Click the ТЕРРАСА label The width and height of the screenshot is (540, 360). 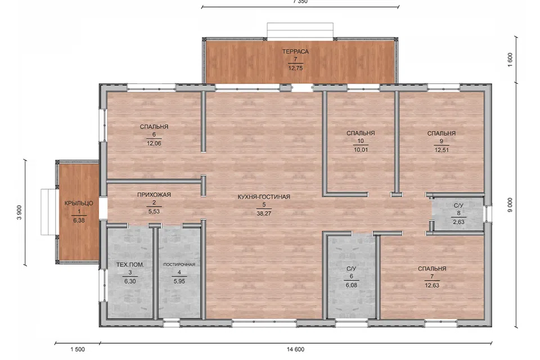pos(295,52)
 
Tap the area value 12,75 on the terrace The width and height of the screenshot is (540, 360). pos(295,68)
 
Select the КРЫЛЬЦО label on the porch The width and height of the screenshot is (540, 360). pos(79,203)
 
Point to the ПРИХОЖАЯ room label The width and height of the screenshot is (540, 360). pos(154,195)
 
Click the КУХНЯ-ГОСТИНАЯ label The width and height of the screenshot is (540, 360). pos(264,197)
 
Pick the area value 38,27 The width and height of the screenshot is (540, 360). pos(264,214)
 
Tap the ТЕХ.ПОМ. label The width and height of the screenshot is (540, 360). pos(130,264)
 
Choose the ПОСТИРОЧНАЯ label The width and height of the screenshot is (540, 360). pos(179,264)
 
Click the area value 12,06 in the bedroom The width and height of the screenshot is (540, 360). pos(154,143)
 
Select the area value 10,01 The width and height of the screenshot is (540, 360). pos(361,150)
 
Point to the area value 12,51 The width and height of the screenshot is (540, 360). pos(442,150)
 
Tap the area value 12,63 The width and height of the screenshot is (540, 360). pos(432,285)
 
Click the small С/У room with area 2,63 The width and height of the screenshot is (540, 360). pos(458,214)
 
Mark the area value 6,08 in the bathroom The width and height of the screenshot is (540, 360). pos(351,285)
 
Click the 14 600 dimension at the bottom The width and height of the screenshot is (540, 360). pos(295,349)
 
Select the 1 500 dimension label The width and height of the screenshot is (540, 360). pos(78,349)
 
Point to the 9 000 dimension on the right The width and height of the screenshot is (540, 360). pos(510,205)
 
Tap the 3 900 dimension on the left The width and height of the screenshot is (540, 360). pos(19,212)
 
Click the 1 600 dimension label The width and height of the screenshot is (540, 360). pos(510,60)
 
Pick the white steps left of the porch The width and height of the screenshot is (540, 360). pos(48,212)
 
